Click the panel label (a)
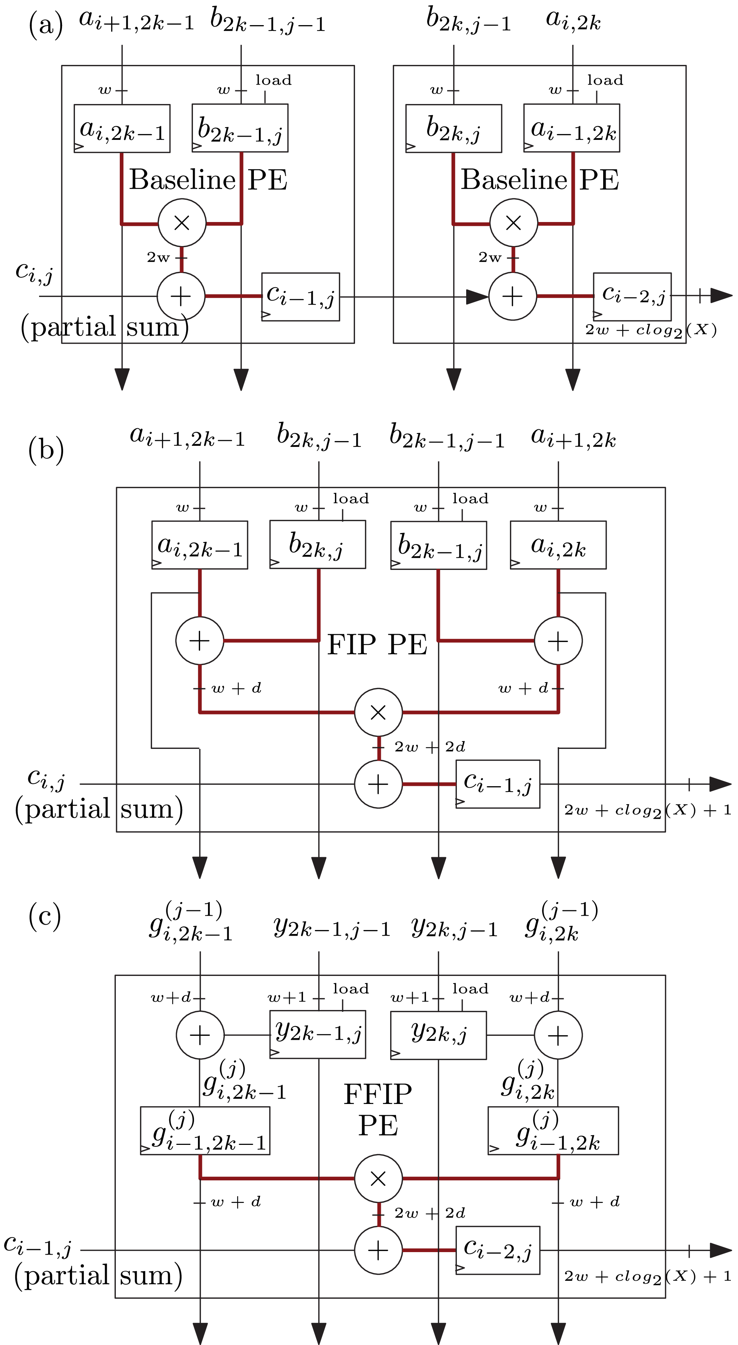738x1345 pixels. (x=46, y=24)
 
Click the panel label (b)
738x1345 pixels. (x=46, y=449)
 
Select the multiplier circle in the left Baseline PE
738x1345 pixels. (x=181, y=223)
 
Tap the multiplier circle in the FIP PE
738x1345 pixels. (x=378, y=712)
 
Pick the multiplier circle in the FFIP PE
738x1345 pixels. (x=378, y=1179)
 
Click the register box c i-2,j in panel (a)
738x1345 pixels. (x=632, y=297)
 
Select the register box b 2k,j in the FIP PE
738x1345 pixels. (x=317, y=544)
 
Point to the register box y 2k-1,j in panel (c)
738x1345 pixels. (x=317, y=1034)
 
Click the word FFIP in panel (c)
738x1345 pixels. (x=378, y=1094)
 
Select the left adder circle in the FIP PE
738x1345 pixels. (x=199, y=641)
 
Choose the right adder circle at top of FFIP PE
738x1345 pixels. (x=558, y=1035)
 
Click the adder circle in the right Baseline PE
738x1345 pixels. (x=512, y=296)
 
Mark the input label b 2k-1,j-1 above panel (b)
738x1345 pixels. (x=447, y=438)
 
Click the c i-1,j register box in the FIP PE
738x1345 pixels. (x=497, y=784)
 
